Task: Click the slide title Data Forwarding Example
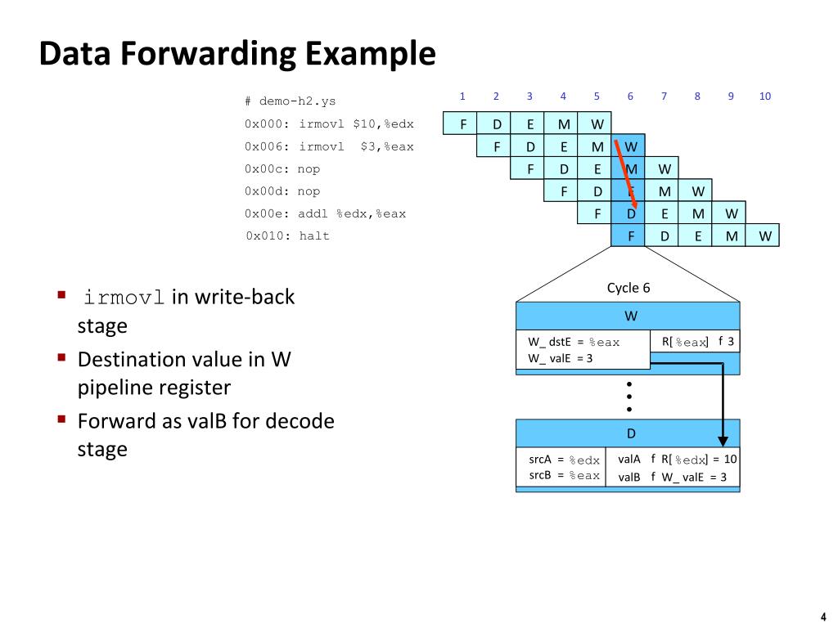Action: [237, 55]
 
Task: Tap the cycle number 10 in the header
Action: [764, 96]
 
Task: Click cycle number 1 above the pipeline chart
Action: [462, 96]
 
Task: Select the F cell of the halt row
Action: [630, 236]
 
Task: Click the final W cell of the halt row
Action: [764, 236]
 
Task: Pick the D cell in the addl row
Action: [630, 214]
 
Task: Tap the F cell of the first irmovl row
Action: [462, 124]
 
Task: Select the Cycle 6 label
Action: [628, 288]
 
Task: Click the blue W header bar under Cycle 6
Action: [628, 316]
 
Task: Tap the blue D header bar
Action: [628, 433]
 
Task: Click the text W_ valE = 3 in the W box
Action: [560, 357]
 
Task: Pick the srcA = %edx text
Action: [564, 460]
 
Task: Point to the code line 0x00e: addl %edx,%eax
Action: [325, 214]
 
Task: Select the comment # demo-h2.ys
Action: [290, 101]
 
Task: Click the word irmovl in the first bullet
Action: [125, 297]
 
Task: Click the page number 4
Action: [822, 617]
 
